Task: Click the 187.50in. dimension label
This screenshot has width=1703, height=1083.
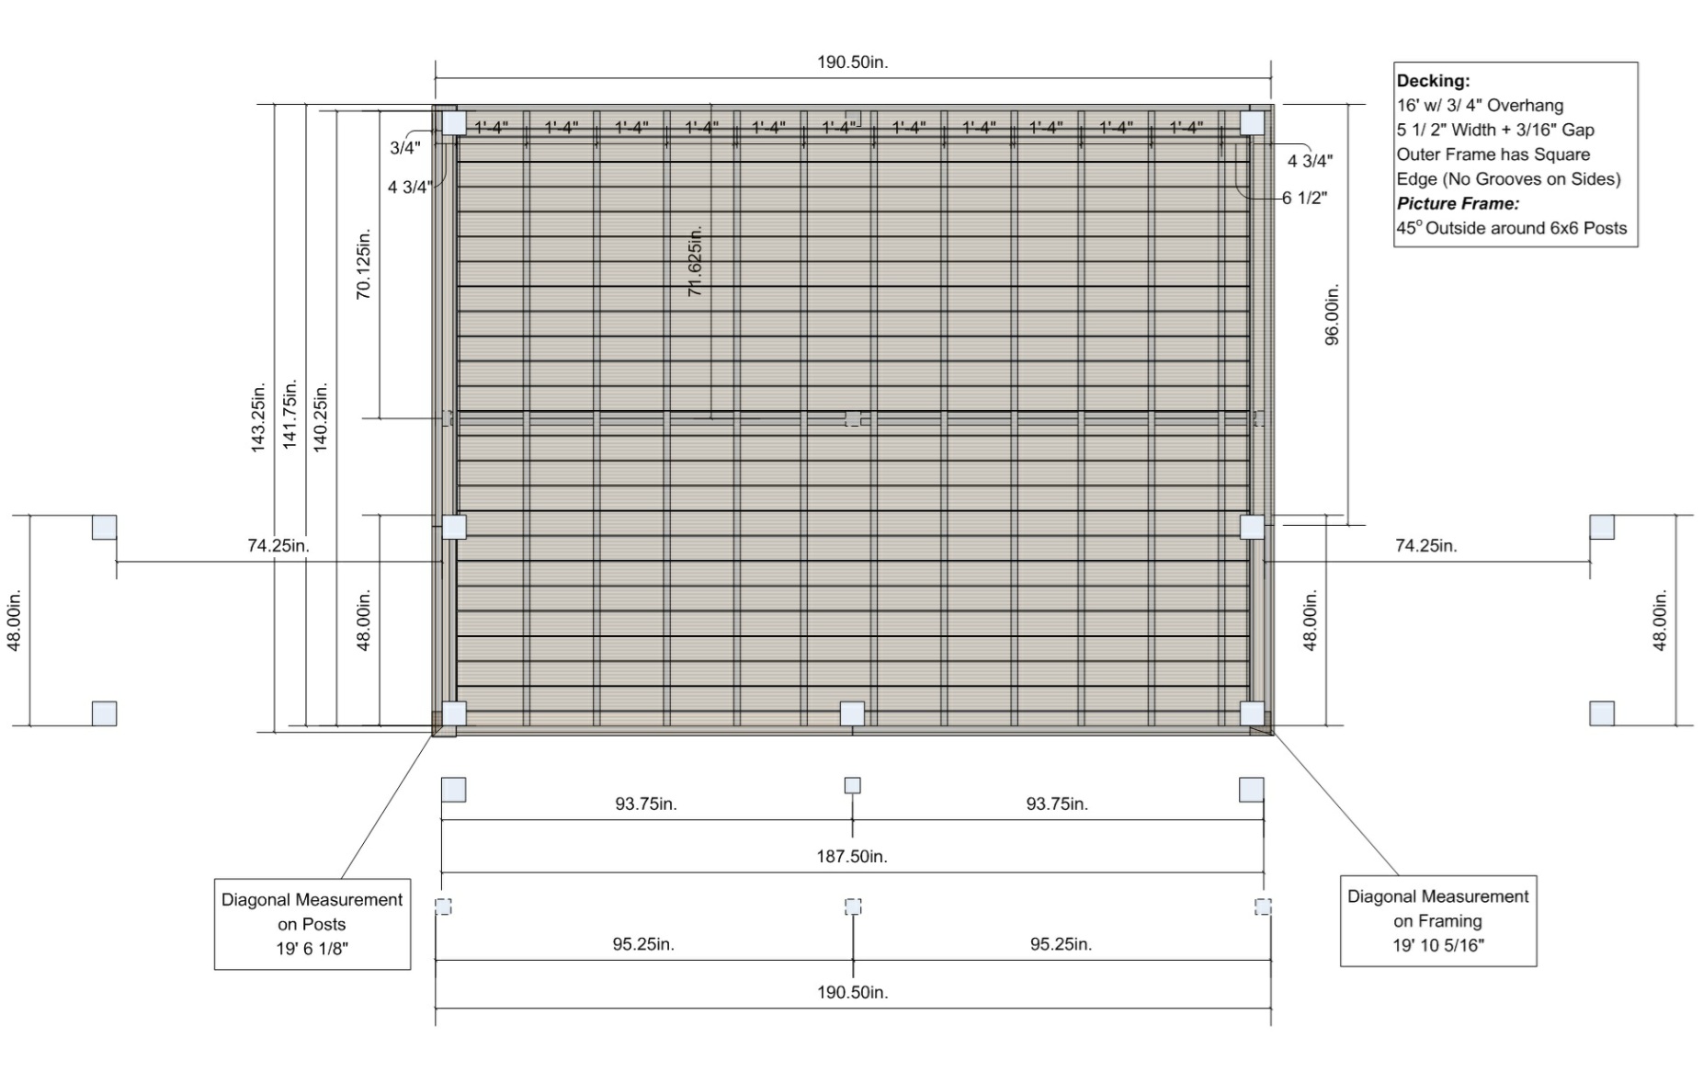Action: [852, 856]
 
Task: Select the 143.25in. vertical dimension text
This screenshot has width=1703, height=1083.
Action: [258, 416]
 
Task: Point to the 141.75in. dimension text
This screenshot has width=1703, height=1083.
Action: [290, 414]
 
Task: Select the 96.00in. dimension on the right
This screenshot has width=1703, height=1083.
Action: [1332, 314]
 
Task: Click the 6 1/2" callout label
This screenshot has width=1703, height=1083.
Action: [1305, 198]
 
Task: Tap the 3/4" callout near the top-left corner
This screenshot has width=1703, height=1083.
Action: [405, 147]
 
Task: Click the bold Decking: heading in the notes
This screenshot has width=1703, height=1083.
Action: [1433, 81]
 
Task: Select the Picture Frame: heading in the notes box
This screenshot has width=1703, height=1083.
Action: [1458, 203]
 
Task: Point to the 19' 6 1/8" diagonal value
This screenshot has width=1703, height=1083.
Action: [312, 949]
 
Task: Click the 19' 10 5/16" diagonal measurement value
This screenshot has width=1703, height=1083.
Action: [1438, 945]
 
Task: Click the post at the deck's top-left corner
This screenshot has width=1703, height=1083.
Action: [454, 123]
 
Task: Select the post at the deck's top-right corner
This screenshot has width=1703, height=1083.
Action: [1252, 123]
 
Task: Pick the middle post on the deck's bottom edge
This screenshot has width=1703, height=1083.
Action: [852, 713]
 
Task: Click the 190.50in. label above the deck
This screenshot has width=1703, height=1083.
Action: [852, 63]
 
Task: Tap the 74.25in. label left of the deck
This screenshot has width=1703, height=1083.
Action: [278, 545]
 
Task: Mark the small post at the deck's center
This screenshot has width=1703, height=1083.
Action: [853, 419]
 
